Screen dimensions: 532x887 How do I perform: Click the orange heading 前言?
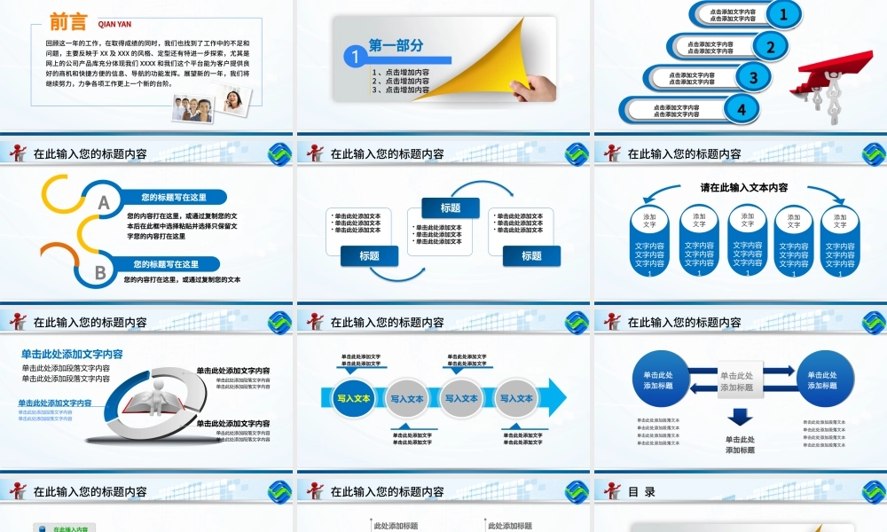click(x=68, y=23)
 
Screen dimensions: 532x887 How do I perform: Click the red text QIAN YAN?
click(x=114, y=25)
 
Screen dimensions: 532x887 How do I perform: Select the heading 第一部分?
click(x=396, y=46)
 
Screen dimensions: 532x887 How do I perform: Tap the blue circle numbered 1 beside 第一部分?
click(x=355, y=57)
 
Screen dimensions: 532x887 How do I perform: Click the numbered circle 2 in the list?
click(x=771, y=47)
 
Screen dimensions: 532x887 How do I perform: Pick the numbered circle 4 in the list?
click(x=742, y=108)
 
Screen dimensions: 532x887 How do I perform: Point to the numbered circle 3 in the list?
click(x=754, y=77)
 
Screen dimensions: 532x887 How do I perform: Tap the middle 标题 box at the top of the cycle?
click(x=450, y=208)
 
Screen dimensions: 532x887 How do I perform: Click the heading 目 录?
click(x=641, y=491)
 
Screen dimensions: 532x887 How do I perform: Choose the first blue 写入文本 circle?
click(x=353, y=399)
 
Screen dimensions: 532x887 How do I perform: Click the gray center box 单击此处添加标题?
click(x=736, y=381)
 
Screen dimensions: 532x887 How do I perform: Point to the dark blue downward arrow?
click(x=740, y=417)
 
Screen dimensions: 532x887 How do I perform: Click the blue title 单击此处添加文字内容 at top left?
click(x=72, y=354)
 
